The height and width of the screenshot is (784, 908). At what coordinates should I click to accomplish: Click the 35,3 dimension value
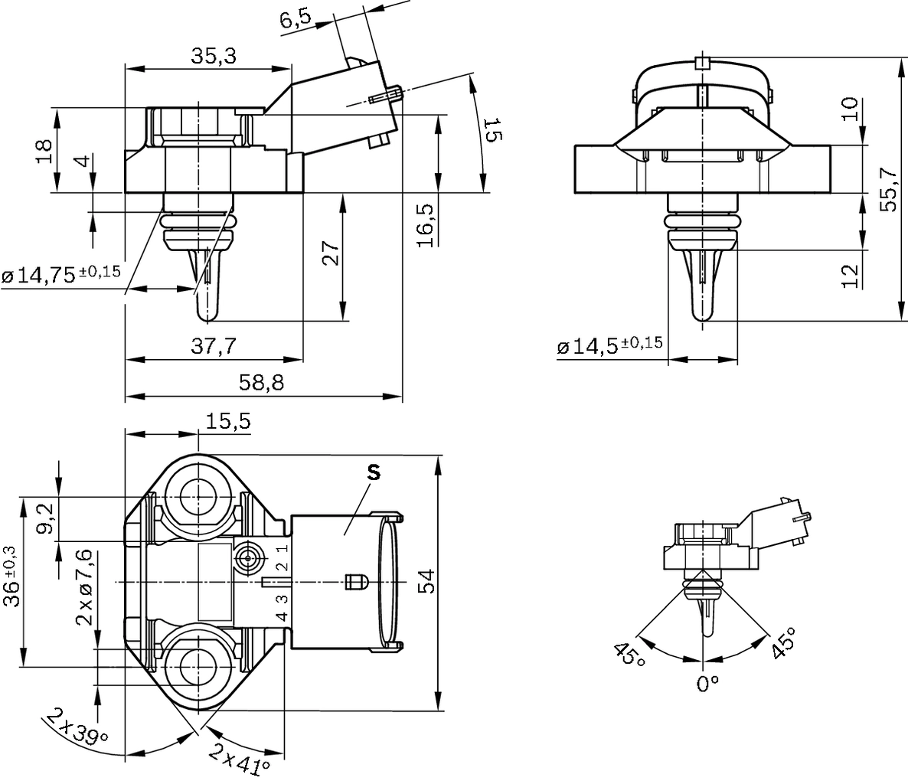[x=214, y=56]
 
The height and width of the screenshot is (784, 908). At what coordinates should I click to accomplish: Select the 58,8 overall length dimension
[x=261, y=383]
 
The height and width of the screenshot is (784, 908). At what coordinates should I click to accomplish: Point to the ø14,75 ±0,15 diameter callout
[x=61, y=274]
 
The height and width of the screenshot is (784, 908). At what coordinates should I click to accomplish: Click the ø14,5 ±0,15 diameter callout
[x=609, y=346]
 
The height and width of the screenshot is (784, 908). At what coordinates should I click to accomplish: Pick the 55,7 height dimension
[x=889, y=190]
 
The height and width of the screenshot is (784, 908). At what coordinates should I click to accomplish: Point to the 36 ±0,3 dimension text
[x=11, y=576]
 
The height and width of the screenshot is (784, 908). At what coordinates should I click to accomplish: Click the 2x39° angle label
[x=77, y=727]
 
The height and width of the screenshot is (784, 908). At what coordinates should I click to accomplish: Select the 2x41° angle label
[x=240, y=758]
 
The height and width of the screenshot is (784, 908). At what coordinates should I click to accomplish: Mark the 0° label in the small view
[x=707, y=683]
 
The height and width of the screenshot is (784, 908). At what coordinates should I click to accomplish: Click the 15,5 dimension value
[x=228, y=421]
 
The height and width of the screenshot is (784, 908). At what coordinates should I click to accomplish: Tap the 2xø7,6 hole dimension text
[x=85, y=588]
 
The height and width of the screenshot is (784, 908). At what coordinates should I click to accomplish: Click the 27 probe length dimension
[x=328, y=252]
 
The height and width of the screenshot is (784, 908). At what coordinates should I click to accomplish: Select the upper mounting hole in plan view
[x=198, y=495]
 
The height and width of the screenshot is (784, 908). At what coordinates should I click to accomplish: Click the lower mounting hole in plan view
[x=198, y=665]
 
